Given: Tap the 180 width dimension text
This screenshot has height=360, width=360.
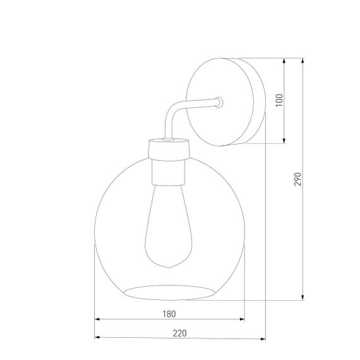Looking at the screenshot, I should click(169, 314).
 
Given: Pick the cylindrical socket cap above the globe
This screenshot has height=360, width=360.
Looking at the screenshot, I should click(170, 150).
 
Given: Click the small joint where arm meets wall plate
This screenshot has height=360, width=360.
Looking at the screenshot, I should click(219, 100).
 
